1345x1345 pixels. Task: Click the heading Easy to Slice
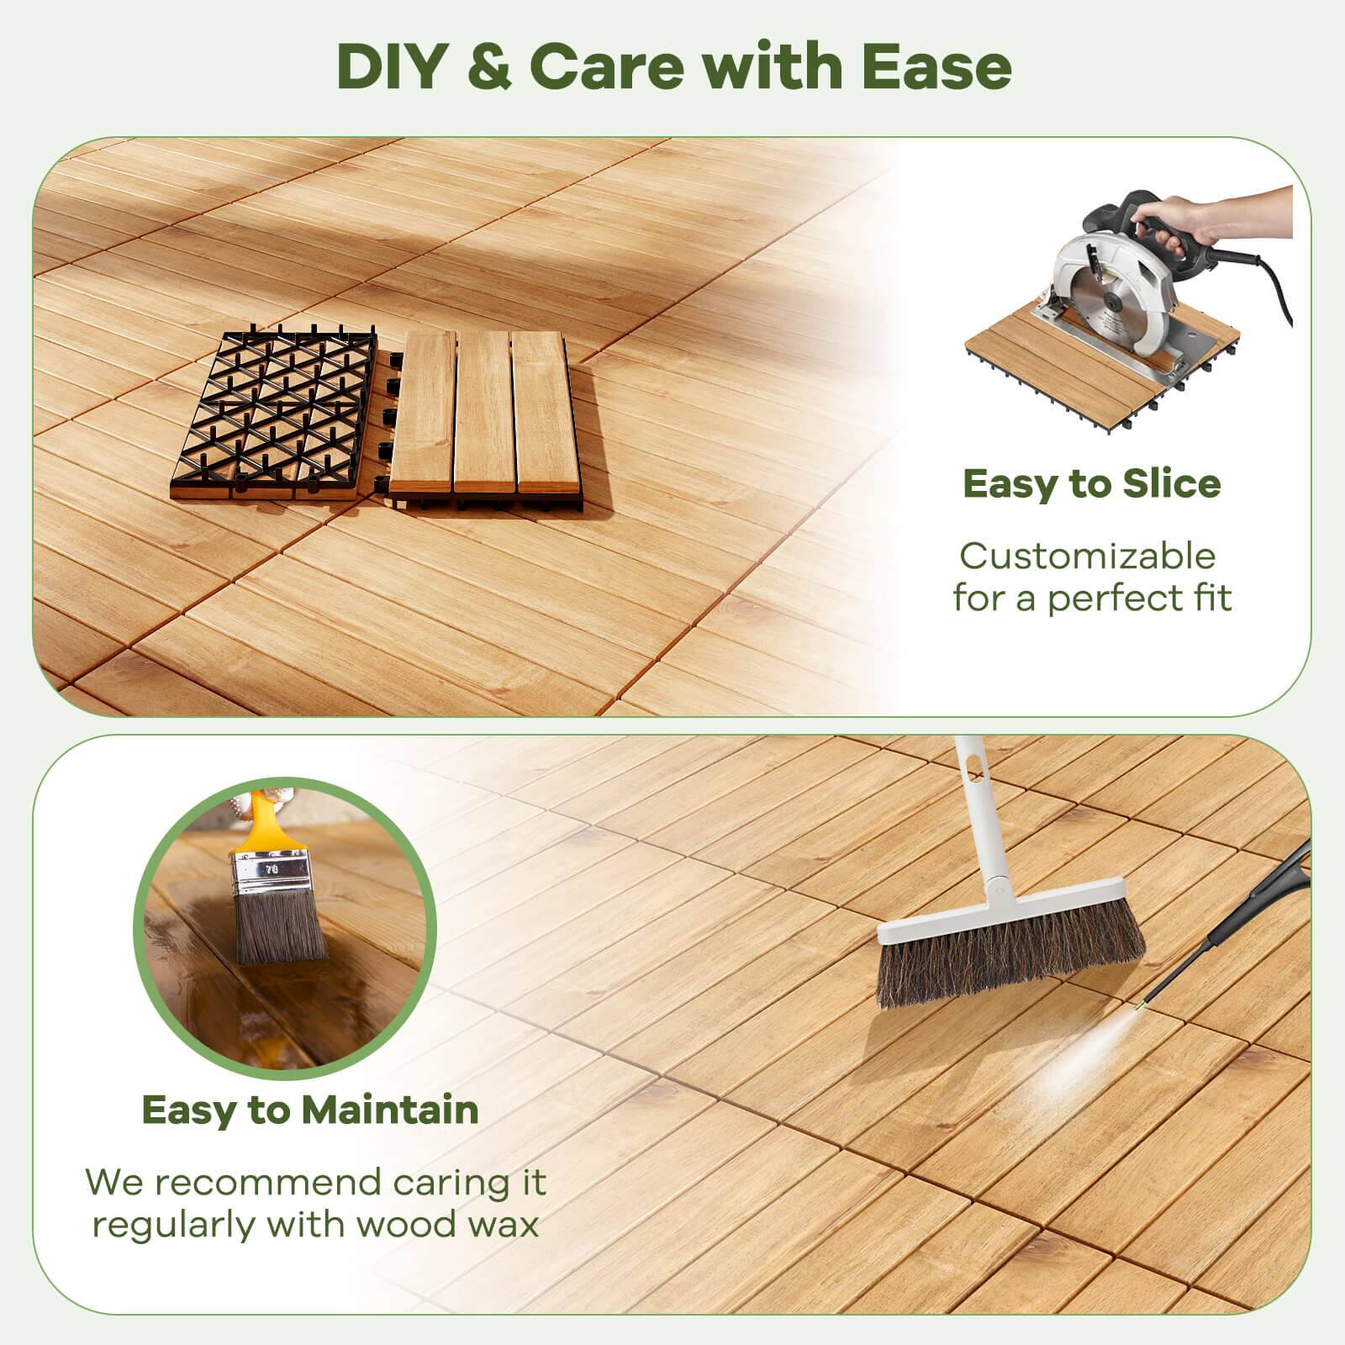[1091, 484]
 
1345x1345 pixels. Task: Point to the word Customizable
[1088, 556]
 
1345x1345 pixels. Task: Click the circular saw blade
[1110, 298]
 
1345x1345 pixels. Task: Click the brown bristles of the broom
[1009, 967]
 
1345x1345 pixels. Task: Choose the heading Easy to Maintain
[309, 1110]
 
